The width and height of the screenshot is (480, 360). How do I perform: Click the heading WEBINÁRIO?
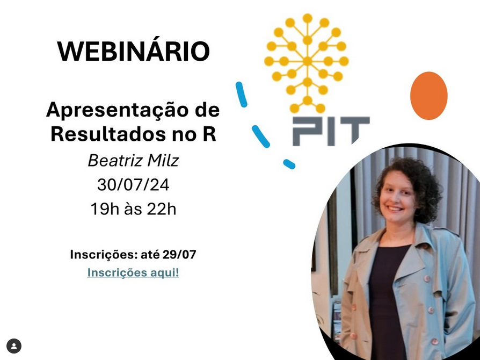tap(133, 51)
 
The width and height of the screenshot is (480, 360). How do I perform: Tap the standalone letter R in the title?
tap(209, 134)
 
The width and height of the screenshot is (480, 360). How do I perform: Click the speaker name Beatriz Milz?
tap(133, 160)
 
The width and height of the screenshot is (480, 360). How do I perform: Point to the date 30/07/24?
tap(133, 185)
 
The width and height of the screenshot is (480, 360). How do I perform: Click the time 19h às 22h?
tap(133, 209)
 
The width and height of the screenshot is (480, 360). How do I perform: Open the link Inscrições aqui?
tap(133, 272)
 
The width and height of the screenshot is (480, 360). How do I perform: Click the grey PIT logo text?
tap(331, 131)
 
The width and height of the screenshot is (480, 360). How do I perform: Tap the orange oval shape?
tap(428, 96)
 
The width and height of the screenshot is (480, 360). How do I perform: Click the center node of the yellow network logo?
tap(307, 61)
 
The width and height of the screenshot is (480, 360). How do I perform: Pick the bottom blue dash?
tap(289, 164)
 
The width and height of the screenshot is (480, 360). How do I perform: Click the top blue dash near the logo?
tap(241, 95)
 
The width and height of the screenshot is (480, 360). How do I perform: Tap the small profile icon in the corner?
tap(14, 346)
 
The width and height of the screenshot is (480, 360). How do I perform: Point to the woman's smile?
tap(395, 209)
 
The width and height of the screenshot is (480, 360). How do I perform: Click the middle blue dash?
tap(260, 136)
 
